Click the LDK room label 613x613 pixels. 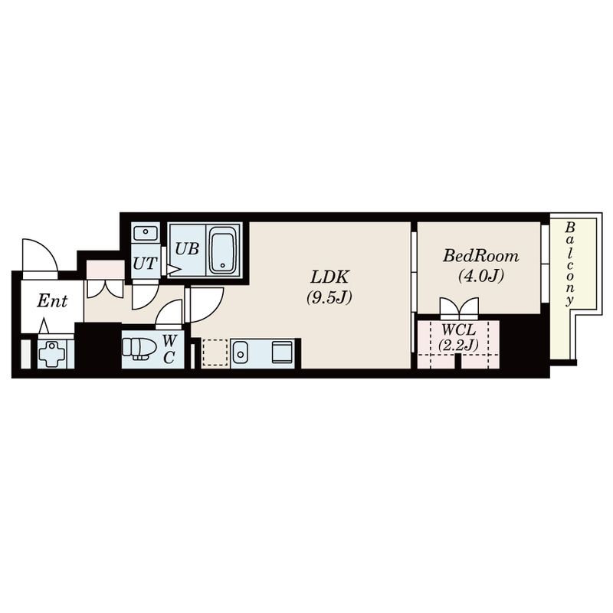[329, 277]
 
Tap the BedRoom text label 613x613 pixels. [480, 256]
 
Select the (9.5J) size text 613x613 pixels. [329, 298]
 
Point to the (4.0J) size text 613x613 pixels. [480, 277]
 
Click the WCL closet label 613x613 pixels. [458, 330]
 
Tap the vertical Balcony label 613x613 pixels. [570, 264]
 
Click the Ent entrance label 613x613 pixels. [52, 300]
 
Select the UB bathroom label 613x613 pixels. [186, 248]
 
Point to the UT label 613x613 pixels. [145, 264]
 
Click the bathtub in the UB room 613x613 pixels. [223, 254]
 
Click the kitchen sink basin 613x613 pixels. [241, 352]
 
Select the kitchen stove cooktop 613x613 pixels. [282, 352]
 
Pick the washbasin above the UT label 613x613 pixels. [145, 233]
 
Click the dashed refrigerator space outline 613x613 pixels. [215, 352]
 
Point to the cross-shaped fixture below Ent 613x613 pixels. [52, 354]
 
